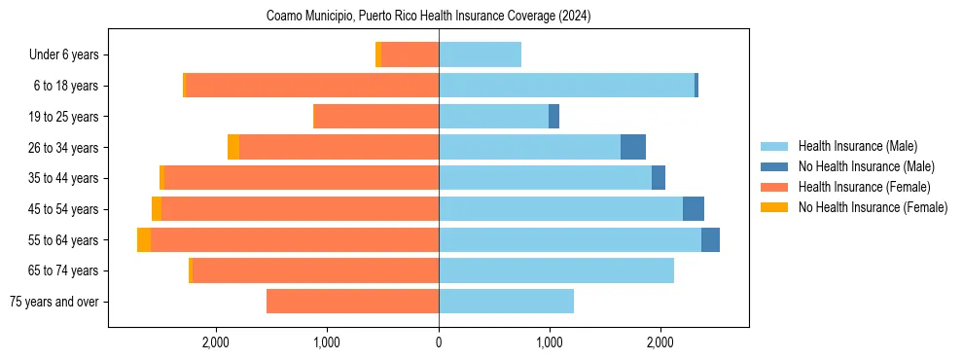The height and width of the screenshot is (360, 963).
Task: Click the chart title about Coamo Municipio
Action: (x=428, y=17)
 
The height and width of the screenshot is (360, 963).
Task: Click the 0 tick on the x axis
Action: (x=439, y=342)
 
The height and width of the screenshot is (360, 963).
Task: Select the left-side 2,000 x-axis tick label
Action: (x=216, y=342)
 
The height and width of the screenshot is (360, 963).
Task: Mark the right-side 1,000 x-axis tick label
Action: (x=550, y=342)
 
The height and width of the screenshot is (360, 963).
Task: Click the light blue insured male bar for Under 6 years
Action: (x=480, y=54)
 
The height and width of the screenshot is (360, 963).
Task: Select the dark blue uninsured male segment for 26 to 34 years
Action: (x=633, y=147)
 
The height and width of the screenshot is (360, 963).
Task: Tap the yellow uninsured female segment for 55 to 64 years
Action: (x=144, y=239)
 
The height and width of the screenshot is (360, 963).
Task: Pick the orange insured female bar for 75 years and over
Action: (x=352, y=302)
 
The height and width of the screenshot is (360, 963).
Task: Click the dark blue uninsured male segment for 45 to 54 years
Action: (x=694, y=209)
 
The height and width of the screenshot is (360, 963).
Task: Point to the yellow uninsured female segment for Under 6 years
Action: (x=378, y=54)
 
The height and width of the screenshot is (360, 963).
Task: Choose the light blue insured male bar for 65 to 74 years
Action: (x=556, y=270)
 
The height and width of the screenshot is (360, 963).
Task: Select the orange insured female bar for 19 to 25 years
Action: (x=376, y=117)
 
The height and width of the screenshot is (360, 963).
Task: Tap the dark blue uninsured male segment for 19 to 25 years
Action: (x=553, y=117)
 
